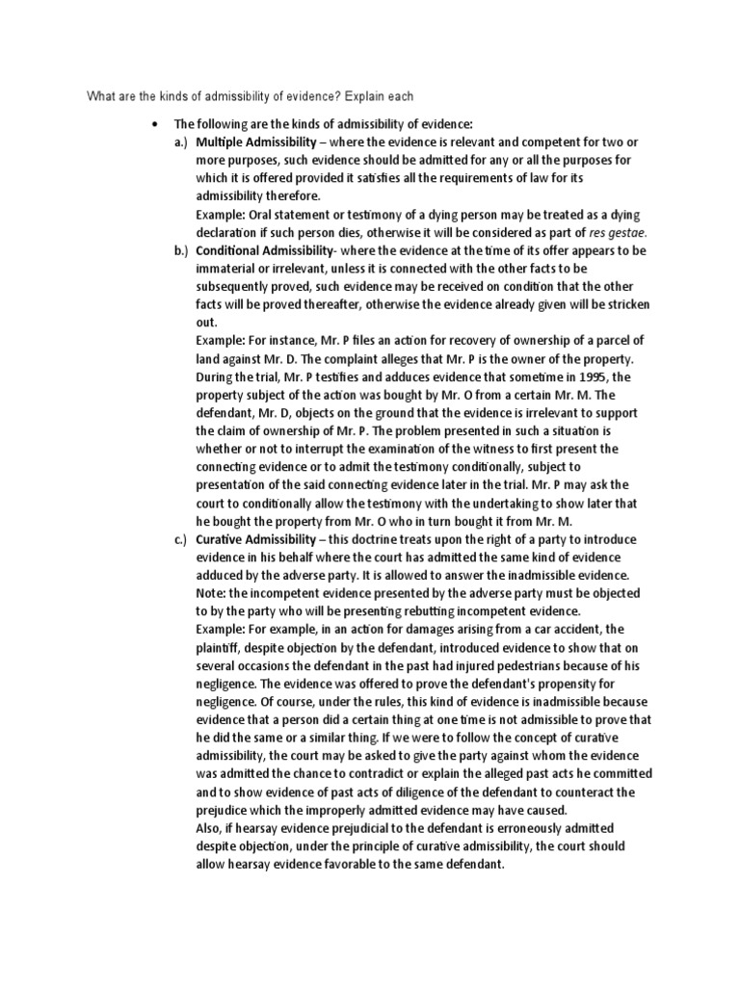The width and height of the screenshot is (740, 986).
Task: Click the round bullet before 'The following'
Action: pos(154,124)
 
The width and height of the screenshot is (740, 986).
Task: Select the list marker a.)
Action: pos(180,143)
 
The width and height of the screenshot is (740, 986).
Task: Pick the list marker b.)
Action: pos(180,250)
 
